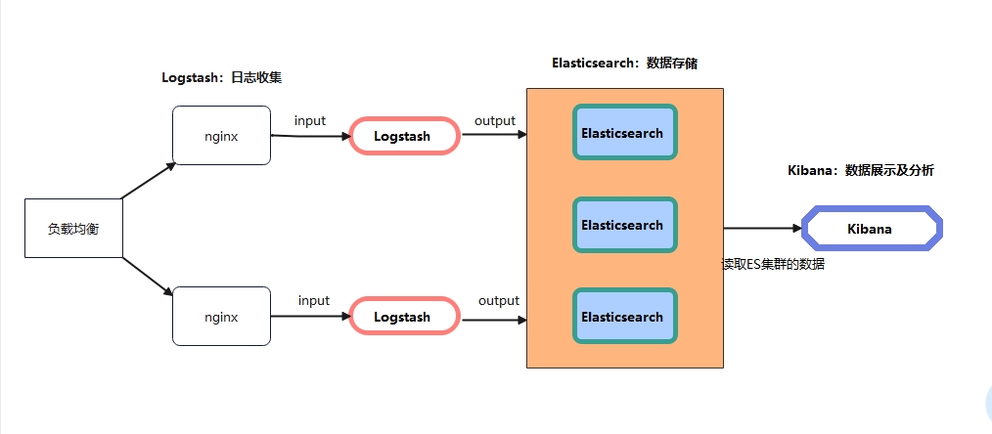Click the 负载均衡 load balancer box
tap(73, 228)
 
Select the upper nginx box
tap(221, 136)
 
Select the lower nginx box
tap(221, 317)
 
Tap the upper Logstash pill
tap(403, 136)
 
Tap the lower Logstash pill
tap(403, 317)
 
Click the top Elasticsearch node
tap(623, 133)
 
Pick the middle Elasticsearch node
tap(623, 225)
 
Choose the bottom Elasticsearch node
tap(623, 317)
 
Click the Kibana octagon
tap(871, 229)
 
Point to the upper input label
tap(310, 120)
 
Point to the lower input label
tap(314, 300)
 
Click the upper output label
tap(495, 120)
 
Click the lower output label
tap(499, 300)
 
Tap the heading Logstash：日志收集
tap(228, 77)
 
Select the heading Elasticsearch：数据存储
tap(625, 63)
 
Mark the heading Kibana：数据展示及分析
tap(861, 170)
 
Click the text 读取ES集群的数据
tap(773, 264)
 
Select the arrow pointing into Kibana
tap(763, 229)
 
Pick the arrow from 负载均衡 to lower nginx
tap(149, 275)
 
